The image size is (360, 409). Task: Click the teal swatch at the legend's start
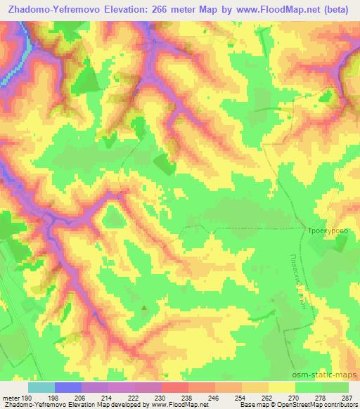click(x=41, y=387)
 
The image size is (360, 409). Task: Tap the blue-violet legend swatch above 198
click(x=67, y=387)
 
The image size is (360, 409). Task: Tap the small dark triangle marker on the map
click(x=146, y=307)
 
